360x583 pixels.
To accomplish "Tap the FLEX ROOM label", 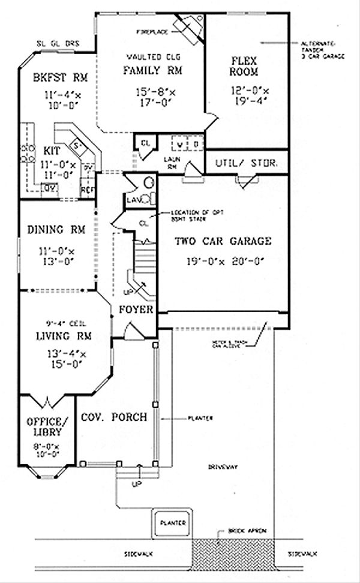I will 244,66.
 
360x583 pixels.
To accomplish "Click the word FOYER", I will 136,310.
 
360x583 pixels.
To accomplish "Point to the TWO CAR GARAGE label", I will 223,242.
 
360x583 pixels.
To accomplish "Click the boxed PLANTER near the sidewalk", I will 172,522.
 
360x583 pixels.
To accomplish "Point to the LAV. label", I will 133,200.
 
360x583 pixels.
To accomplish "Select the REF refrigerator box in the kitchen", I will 88,190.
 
